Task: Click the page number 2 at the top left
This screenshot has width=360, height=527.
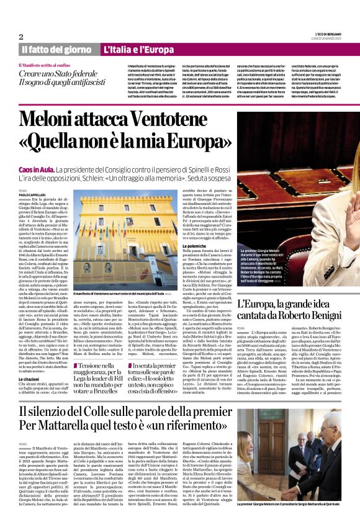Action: click(x=21, y=37)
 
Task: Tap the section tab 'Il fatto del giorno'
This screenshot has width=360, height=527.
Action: click(x=56, y=49)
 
